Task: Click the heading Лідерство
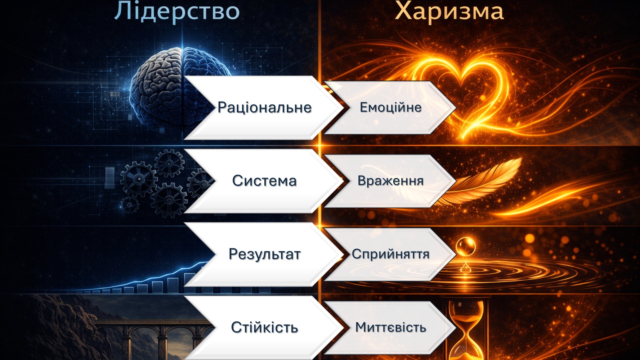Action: pos(177,12)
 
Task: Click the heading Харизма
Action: pos(450,12)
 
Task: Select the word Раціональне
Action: pos(264,108)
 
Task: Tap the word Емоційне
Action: pos(390,108)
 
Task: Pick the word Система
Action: pos(264,181)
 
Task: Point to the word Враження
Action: pos(390,181)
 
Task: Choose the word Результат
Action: pos(264,254)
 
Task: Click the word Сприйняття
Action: pos(390,254)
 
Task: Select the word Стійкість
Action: pos(264,328)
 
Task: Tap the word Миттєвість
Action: pos(390,328)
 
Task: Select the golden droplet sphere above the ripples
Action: pos(466,247)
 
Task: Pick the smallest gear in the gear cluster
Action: pos(130,204)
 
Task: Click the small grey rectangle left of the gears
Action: pos(110,178)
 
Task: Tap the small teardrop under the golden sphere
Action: pos(466,268)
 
